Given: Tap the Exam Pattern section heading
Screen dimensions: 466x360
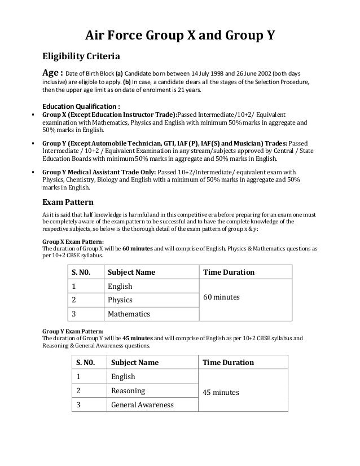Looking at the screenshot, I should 68,202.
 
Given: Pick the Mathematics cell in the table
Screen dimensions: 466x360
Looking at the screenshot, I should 129,313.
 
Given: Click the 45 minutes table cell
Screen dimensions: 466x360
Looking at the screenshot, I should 221,392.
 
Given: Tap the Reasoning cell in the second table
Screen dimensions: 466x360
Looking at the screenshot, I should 128,390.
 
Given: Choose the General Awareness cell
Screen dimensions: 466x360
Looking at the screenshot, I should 142,405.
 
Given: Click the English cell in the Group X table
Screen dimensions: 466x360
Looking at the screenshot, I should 120,286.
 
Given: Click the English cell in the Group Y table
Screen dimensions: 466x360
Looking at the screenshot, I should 123,376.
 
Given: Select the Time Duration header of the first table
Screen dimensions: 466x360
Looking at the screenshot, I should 229,272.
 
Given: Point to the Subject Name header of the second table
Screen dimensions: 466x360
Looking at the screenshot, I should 135,362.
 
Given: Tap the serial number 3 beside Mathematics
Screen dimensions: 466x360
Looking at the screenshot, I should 73,313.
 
